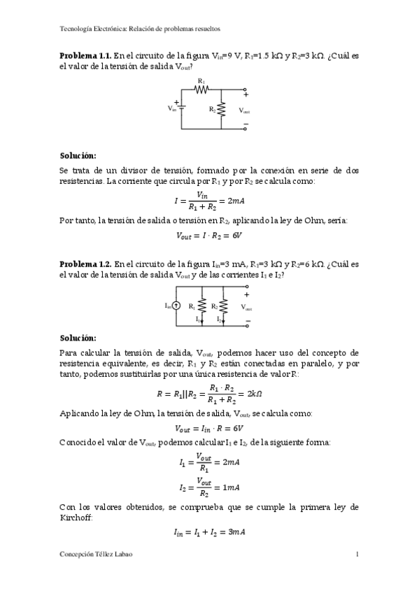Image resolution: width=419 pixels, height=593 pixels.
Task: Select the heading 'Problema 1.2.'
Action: click(85, 264)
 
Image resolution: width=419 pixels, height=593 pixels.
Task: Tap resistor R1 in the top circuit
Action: click(201, 89)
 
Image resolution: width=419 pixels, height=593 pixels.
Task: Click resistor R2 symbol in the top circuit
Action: click(222, 109)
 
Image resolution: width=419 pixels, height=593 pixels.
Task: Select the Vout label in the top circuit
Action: click(244, 110)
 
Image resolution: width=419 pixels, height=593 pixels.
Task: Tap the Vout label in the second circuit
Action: click(246, 308)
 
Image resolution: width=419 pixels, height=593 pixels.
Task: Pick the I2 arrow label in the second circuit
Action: click(219, 319)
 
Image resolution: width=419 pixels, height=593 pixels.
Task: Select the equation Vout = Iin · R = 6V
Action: click(209, 428)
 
